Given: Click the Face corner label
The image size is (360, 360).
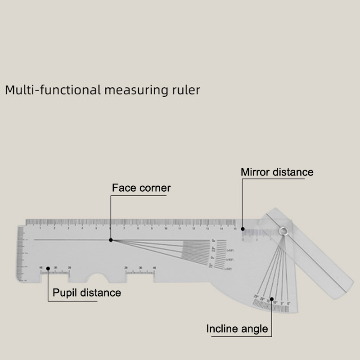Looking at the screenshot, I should coord(141,188).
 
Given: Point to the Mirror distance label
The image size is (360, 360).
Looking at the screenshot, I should coord(277,172).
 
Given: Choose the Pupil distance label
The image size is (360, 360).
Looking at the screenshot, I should coord(87,293).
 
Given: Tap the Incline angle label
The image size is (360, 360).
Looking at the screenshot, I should coord(237,328).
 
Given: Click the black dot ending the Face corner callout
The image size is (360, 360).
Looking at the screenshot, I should coord(111,240).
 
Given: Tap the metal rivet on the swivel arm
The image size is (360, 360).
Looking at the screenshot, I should coord(283,231).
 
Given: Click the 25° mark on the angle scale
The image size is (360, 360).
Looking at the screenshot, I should coord(256,296).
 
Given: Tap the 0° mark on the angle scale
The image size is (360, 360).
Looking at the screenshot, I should coord(287,296).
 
